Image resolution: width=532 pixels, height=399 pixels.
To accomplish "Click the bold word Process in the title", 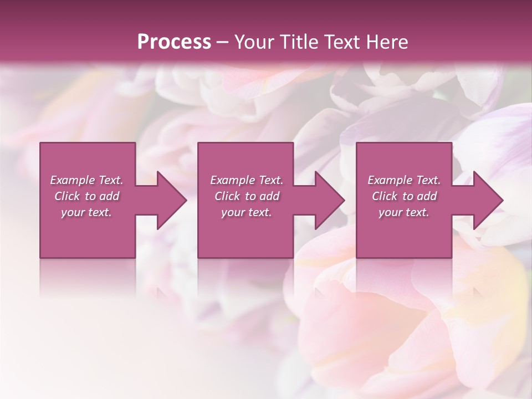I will tap(174, 42).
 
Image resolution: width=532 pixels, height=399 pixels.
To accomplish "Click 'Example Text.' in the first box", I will tap(86, 180).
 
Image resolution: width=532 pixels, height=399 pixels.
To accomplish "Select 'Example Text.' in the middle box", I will tap(247, 180).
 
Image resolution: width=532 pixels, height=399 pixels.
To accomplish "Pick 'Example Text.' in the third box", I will tap(404, 180).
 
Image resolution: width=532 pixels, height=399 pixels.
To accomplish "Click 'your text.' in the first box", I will tap(86, 212).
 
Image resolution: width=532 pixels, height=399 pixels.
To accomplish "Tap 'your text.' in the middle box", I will tap(247, 212).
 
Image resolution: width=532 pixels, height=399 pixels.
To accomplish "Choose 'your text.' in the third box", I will tap(404, 212).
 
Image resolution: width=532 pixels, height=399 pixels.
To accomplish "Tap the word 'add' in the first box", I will tap(110, 196).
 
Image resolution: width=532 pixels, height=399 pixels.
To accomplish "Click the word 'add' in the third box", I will tap(427, 196).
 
